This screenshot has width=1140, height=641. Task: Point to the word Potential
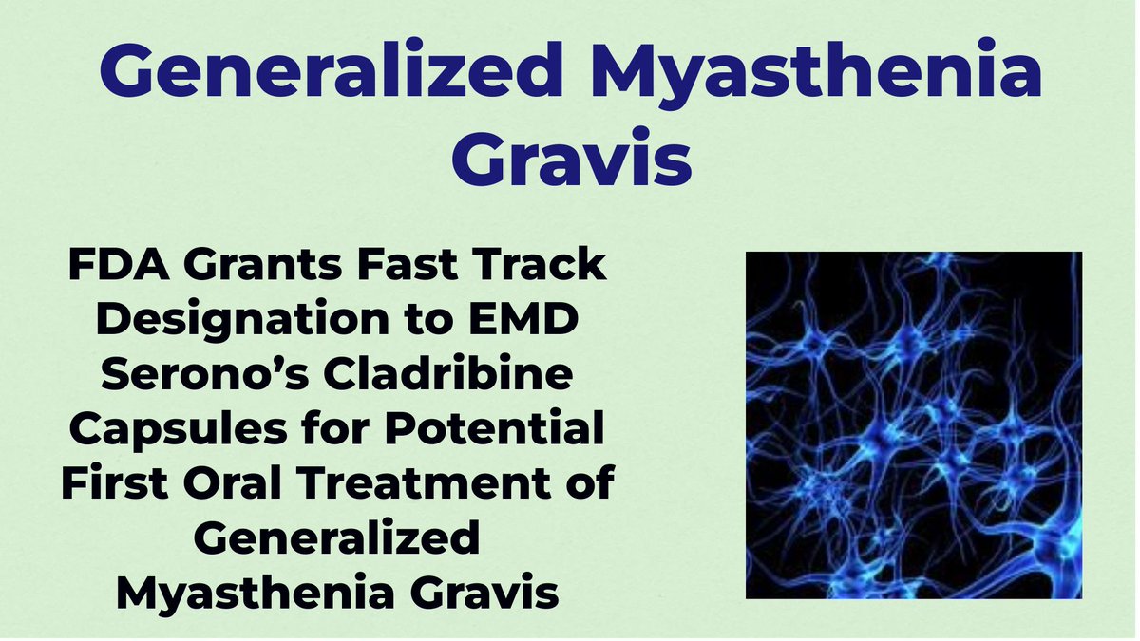pos(499,431)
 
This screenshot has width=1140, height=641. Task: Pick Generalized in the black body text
pos(336,540)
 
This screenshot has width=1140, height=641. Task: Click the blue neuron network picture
pos(913,424)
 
